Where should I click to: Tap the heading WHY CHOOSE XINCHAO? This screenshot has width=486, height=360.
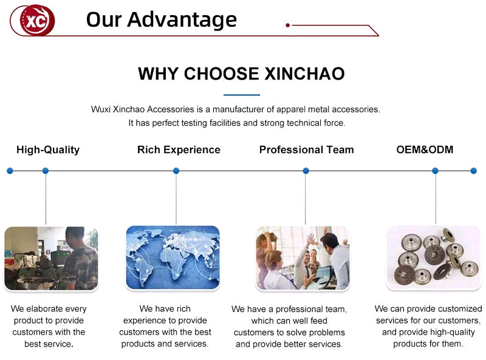tap(241, 74)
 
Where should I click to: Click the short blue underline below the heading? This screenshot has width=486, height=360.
tap(241, 95)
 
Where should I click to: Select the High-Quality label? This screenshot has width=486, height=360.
tap(48, 150)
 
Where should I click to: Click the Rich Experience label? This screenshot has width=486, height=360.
tap(179, 150)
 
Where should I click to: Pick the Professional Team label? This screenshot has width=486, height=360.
tap(306, 150)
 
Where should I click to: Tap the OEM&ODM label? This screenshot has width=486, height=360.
tap(425, 150)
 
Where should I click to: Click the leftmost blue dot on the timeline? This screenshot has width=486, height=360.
tap(10, 171)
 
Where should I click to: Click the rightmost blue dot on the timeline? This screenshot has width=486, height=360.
tap(474, 171)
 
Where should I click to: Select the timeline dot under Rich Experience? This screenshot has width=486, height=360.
tap(176, 171)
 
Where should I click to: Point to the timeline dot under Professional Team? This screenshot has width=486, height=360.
tap(306, 171)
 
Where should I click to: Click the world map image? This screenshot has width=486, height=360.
tap(173, 257)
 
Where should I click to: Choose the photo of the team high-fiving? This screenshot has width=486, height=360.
tap(303, 257)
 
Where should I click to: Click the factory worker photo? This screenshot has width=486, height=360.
tap(51, 257)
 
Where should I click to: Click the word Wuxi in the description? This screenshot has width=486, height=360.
tap(101, 109)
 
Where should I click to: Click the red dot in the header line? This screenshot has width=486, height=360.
tap(287, 25)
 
